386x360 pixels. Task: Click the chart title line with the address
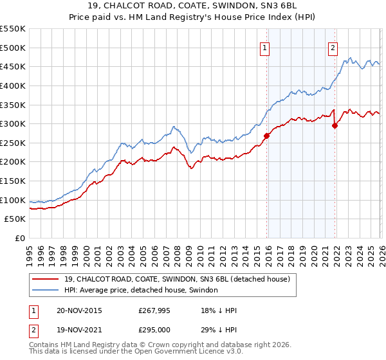click(193, 6)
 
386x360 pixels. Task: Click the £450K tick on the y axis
click(13, 66)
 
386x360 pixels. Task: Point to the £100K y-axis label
click(13, 200)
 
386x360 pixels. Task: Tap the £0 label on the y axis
click(19, 239)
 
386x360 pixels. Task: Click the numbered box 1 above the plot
click(265, 47)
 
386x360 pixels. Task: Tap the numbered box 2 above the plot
click(333, 47)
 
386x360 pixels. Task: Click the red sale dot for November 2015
click(266, 136)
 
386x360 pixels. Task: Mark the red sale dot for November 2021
click(335, 125)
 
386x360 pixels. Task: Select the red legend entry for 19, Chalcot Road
click(177, 279)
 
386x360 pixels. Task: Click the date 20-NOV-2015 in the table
click(79, 310)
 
